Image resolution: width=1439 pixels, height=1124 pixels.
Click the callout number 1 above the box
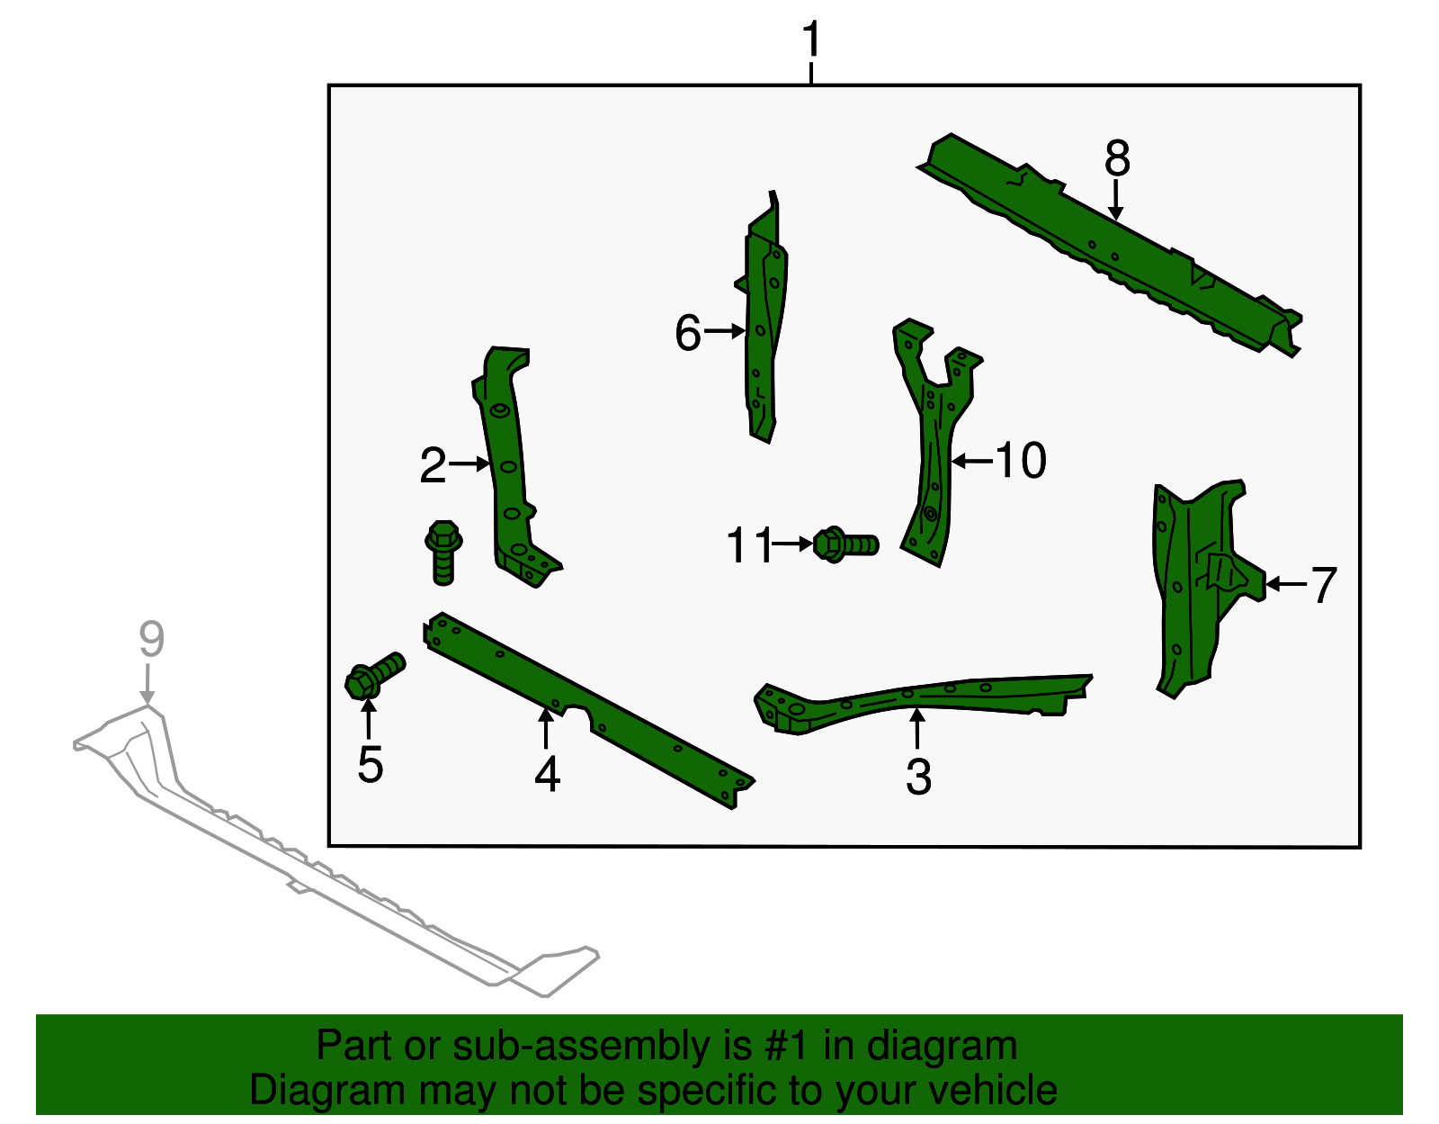pos(811,39)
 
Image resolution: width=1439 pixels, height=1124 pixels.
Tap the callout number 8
pos(1117,158)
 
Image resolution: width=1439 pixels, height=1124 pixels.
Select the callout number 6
pos(687,332)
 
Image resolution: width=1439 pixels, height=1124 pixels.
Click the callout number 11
pos(750,545)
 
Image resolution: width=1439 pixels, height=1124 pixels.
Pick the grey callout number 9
pos(152,639)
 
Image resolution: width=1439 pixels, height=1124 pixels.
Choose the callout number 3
pos(918,777)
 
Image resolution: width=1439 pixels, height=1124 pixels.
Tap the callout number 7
pos(1324,585)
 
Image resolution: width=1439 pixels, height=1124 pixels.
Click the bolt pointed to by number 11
pos(845,544)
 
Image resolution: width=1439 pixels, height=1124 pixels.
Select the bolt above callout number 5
pos(375,675)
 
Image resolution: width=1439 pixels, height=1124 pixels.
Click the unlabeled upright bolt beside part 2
pos(443,553)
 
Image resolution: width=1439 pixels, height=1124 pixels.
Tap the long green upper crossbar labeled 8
pos(1109,245)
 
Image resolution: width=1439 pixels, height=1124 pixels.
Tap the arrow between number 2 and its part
pos(469,463)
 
